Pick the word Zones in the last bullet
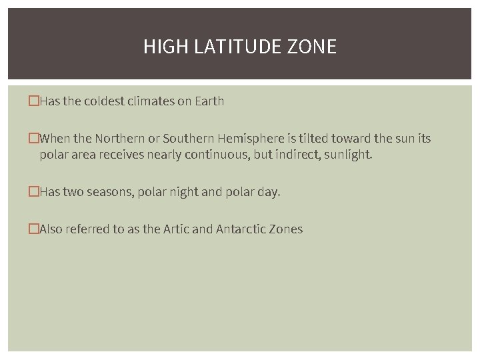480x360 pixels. pos(287,229)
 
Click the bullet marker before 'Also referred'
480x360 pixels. pos(33,229)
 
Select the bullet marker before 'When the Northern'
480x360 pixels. pos(33,139)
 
